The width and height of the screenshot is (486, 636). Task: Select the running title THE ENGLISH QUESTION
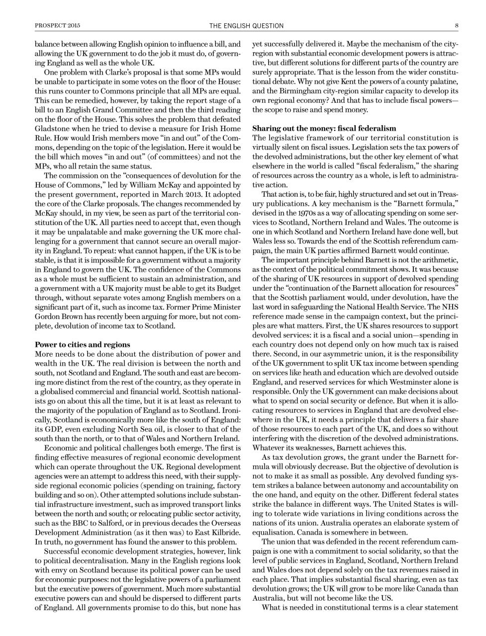(246, 25)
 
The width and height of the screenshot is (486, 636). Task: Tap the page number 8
(456, 25)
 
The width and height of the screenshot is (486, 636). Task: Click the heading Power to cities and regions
(83, 344)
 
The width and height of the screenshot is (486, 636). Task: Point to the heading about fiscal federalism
(324, 128)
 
